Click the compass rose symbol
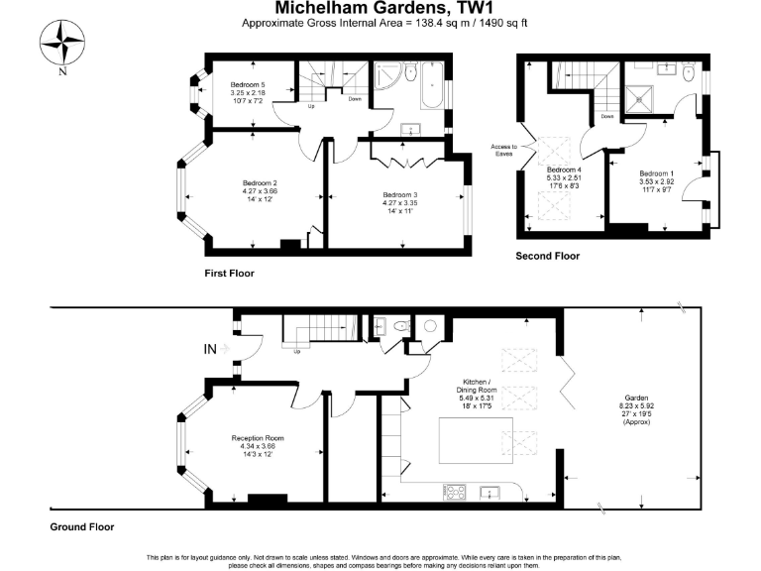tap(62, 43)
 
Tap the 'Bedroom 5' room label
tap(247, 84)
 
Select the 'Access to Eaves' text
tap(503, 151)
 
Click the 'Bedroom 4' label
tap(562, 170)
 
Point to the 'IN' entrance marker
tap(209, 349)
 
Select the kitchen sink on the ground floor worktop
tap(489, 491)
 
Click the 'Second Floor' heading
tap(547, 256)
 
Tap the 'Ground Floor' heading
tap(82, 527)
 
